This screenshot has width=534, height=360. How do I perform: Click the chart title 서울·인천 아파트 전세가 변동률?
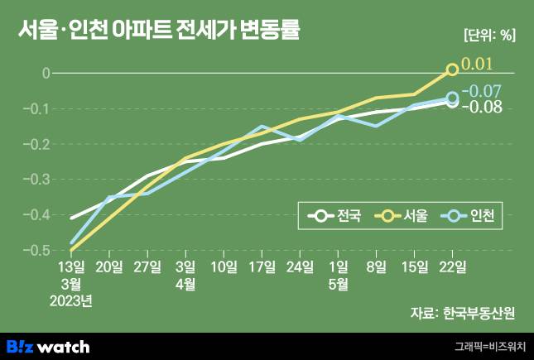[x=158, y=31]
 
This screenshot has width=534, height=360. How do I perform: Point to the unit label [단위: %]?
[x=488, y=35]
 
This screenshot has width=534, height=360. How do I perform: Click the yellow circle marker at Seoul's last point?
[x=452, y=70]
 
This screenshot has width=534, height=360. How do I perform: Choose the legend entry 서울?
[x=402, y=217]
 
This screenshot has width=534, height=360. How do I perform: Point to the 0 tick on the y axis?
[x=45, y=73]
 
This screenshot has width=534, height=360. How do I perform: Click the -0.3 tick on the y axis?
[x=37, y=179]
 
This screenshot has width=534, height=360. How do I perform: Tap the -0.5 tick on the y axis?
[x=37, y=249]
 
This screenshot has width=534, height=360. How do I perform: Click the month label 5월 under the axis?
[x=338, y=284]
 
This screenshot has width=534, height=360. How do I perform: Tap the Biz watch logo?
[x=48, y=346]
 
